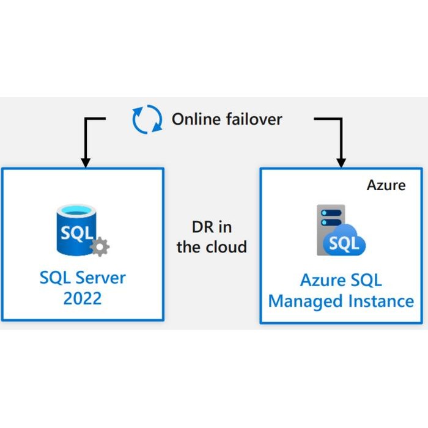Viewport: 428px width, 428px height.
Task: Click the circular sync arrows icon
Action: (x=147, y=119)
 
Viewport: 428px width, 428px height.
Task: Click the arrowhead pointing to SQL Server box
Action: (x=86, y=163)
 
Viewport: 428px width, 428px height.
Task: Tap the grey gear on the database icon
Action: (x=100, y=247)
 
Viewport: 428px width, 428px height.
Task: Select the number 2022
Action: (x=83, y=300)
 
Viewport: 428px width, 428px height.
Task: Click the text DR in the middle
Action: (x=202, y=227)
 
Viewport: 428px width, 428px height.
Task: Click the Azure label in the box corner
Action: (x=385, y=185)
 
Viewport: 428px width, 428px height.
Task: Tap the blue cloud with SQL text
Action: (x=345, y=243)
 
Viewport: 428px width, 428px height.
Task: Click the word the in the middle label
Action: (x=188, y=247)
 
